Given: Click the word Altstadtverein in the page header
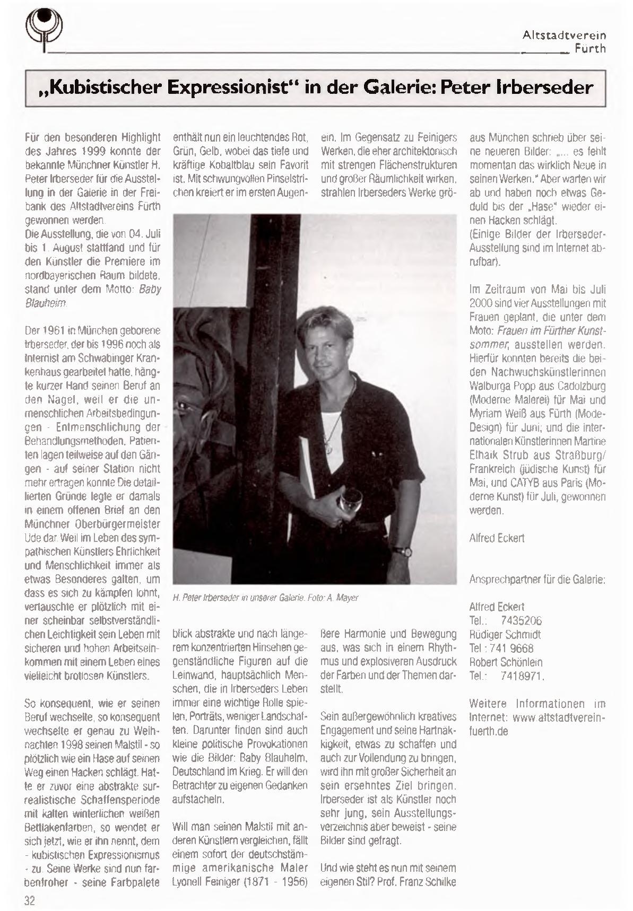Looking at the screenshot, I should click(x=564, y=36).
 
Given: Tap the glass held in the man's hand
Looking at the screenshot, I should click(x=350, y=501).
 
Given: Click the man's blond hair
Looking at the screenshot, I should click(x=324, y=326).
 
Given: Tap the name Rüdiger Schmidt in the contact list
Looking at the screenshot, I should click(x=505, y=634).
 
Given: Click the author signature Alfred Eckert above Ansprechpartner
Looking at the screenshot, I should click(x=497, y=538).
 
